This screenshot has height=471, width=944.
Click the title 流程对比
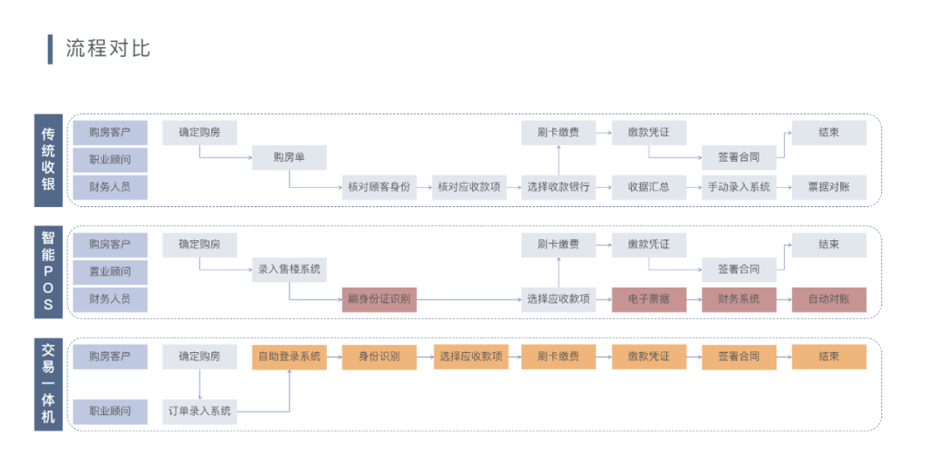[108, 49]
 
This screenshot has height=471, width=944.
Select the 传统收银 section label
[49, 160]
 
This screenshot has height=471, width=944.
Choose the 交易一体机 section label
[49, 384]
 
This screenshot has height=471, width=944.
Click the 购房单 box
[289, 158]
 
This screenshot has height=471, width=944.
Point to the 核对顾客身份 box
[378, 187]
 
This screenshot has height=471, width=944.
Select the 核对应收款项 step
[469, 187]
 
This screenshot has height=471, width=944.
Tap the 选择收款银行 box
[559, 187]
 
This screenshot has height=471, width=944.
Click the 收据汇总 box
[649, 187]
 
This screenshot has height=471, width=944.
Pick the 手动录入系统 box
[739, 187]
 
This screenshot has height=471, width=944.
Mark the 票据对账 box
[829, 187]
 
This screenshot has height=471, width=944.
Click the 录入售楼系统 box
[289, 270]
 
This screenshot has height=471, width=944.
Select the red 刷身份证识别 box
[378, 300]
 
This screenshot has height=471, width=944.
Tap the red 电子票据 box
[649, 300]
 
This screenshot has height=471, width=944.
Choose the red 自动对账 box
[829, 300]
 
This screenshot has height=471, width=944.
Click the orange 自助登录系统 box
[289, 357]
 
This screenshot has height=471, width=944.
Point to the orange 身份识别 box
[378, 357]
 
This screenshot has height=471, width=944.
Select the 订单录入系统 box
[199, 411]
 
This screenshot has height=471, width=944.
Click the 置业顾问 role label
[110, 272]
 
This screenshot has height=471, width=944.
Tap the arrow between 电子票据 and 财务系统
[694, 300]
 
